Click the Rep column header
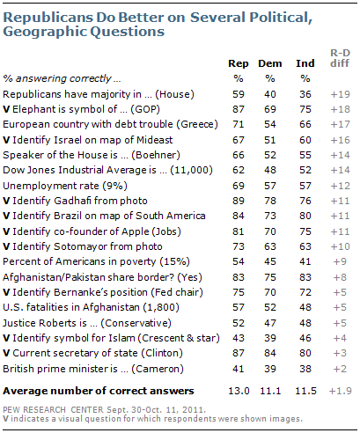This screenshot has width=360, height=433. (x=239, y=64)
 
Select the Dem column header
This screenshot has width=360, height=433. (x=270, y=63)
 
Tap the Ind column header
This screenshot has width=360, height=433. (x=305, y=63)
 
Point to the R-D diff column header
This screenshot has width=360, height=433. (x=340, y=58)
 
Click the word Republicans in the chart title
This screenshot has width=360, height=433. (x=48, y=18)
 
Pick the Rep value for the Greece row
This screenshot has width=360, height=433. (x=239, y=124)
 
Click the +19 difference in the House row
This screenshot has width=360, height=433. (x=340, y=94)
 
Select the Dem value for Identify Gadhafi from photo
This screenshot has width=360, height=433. (x=270, y=201)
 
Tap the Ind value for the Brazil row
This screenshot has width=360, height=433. (x=305, y=216)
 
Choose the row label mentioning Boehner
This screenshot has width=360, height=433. (x=92, y=155)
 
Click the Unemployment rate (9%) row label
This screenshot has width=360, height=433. (x=65, y=186)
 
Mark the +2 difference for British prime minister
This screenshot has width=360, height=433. (x=340, y=369)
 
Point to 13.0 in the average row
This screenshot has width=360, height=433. (x=239, y=391)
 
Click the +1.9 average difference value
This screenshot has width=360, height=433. (x=341, y=391)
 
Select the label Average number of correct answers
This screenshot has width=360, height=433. (x=99, y=391)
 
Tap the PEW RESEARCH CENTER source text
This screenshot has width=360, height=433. (x=53, y=410)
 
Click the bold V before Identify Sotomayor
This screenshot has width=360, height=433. (x=6, y=246)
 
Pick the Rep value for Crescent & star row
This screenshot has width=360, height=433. (x=239, y=338)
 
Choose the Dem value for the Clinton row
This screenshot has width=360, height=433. (x=270, y=353)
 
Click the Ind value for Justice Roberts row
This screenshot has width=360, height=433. (x=305, y=323)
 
